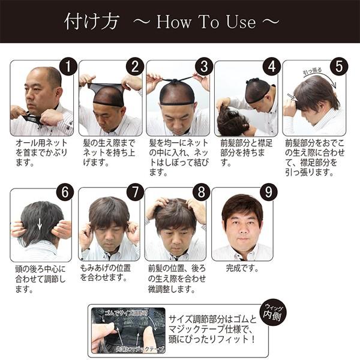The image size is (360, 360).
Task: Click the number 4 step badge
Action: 272,67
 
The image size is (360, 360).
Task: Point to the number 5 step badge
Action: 340,67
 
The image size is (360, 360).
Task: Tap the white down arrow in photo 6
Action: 40,223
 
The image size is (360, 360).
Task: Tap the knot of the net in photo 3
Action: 178,80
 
